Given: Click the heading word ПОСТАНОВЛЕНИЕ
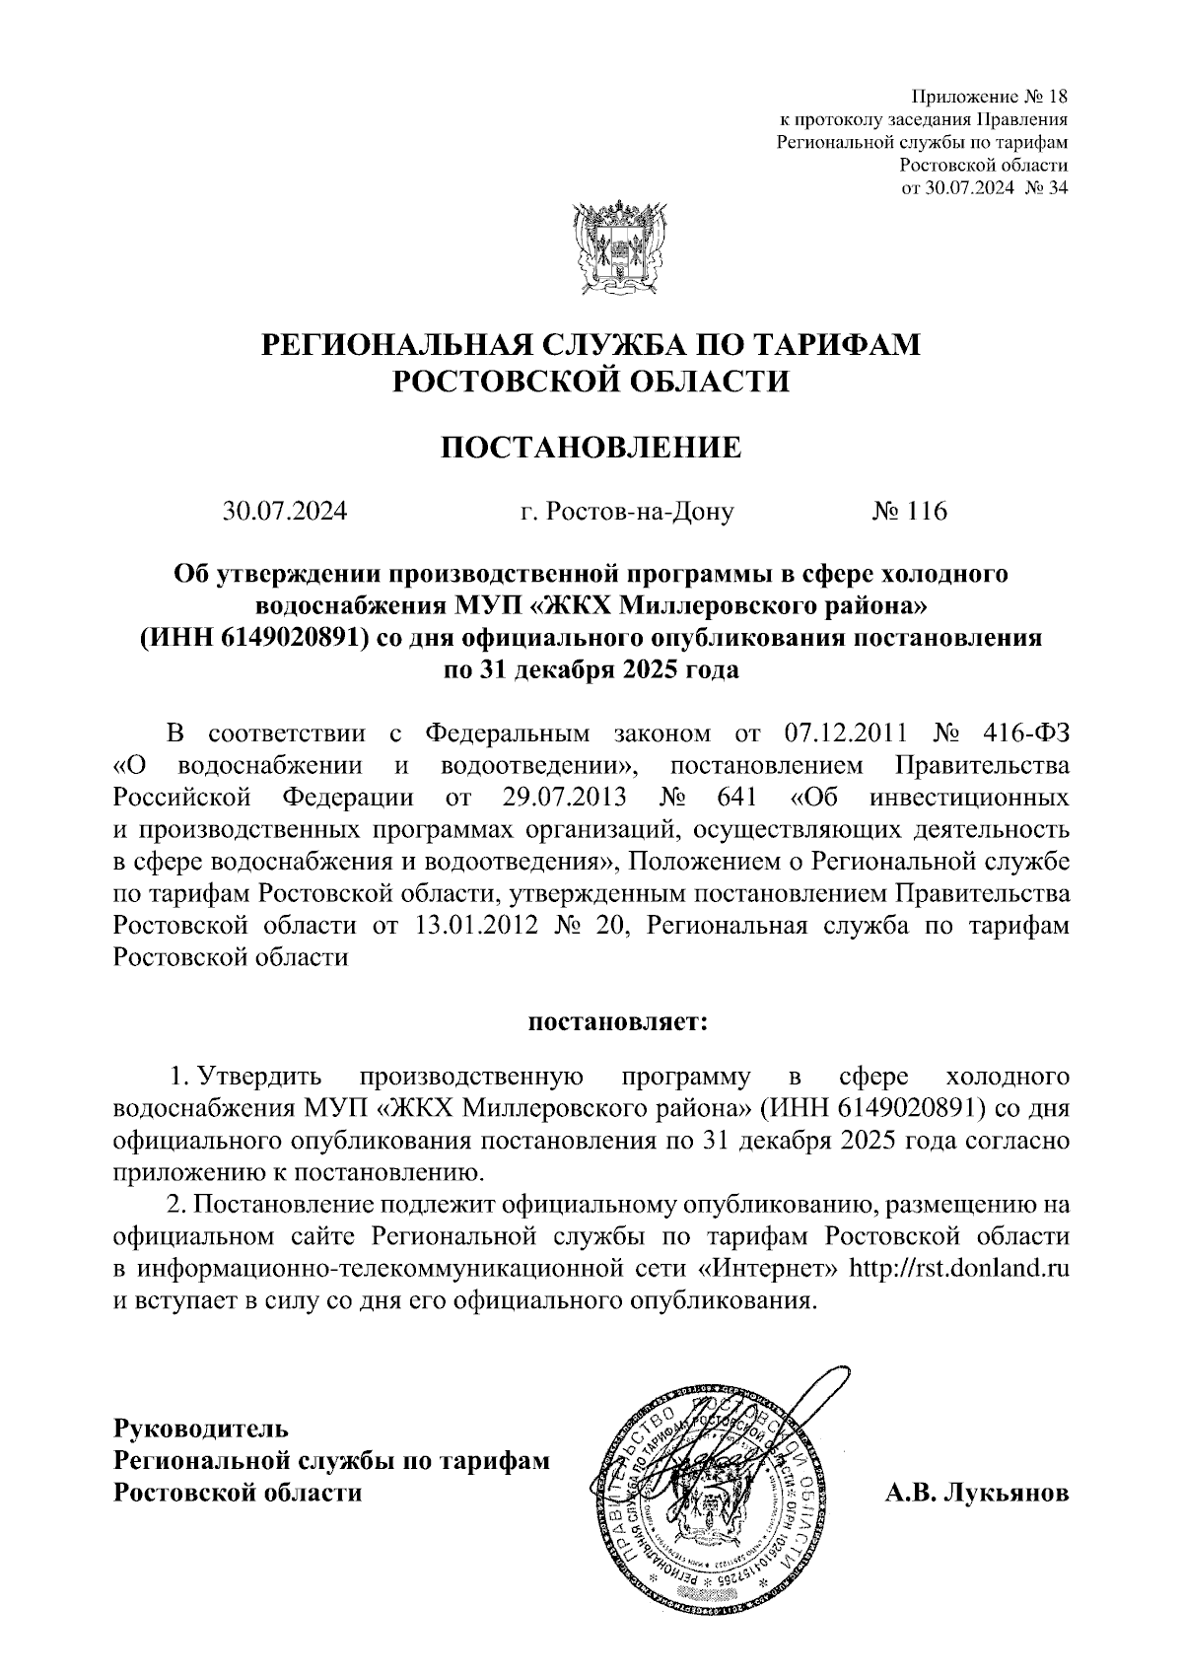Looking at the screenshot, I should [x=590, y=448].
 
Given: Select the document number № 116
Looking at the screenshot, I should [x=908, y=512].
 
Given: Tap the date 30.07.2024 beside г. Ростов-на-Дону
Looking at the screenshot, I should [x=285, y=512].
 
